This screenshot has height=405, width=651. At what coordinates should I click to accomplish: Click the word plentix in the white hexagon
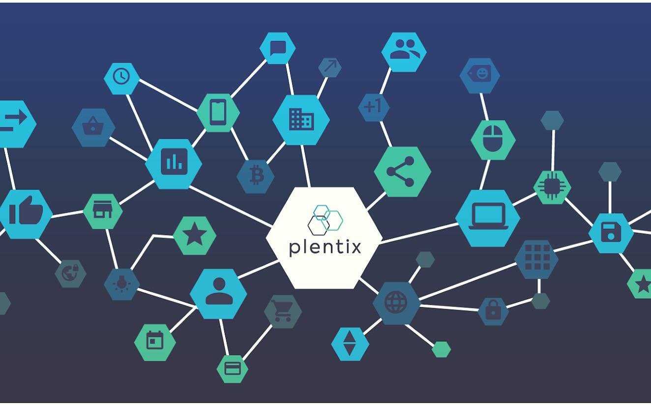[325, 248]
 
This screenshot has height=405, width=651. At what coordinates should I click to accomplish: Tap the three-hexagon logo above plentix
[325, 220]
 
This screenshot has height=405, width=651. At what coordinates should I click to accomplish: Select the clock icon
[121, 76]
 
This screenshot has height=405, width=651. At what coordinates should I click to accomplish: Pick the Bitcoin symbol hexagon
[256, 176]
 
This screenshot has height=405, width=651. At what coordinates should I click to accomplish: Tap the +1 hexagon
[374, 107]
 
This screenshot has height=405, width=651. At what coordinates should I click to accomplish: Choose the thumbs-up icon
[26, 210]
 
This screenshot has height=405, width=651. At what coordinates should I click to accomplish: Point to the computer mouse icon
[493, 138]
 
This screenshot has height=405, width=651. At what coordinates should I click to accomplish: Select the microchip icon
[552, 187]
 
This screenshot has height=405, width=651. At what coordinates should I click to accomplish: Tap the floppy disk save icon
[611, 232]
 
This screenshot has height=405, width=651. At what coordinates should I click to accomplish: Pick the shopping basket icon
[93, 126]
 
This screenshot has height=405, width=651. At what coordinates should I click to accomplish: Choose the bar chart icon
[174, 162]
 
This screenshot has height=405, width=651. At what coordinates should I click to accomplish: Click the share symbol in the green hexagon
[400, 172]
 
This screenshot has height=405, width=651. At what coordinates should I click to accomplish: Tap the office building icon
[301, 119]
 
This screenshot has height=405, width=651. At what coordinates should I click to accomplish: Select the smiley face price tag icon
[480, 74]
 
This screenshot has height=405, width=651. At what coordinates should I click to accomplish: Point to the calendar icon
[154, 340]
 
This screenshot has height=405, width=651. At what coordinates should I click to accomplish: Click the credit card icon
[233, 369]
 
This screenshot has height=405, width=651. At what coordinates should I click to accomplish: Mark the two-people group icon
[404, 49]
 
